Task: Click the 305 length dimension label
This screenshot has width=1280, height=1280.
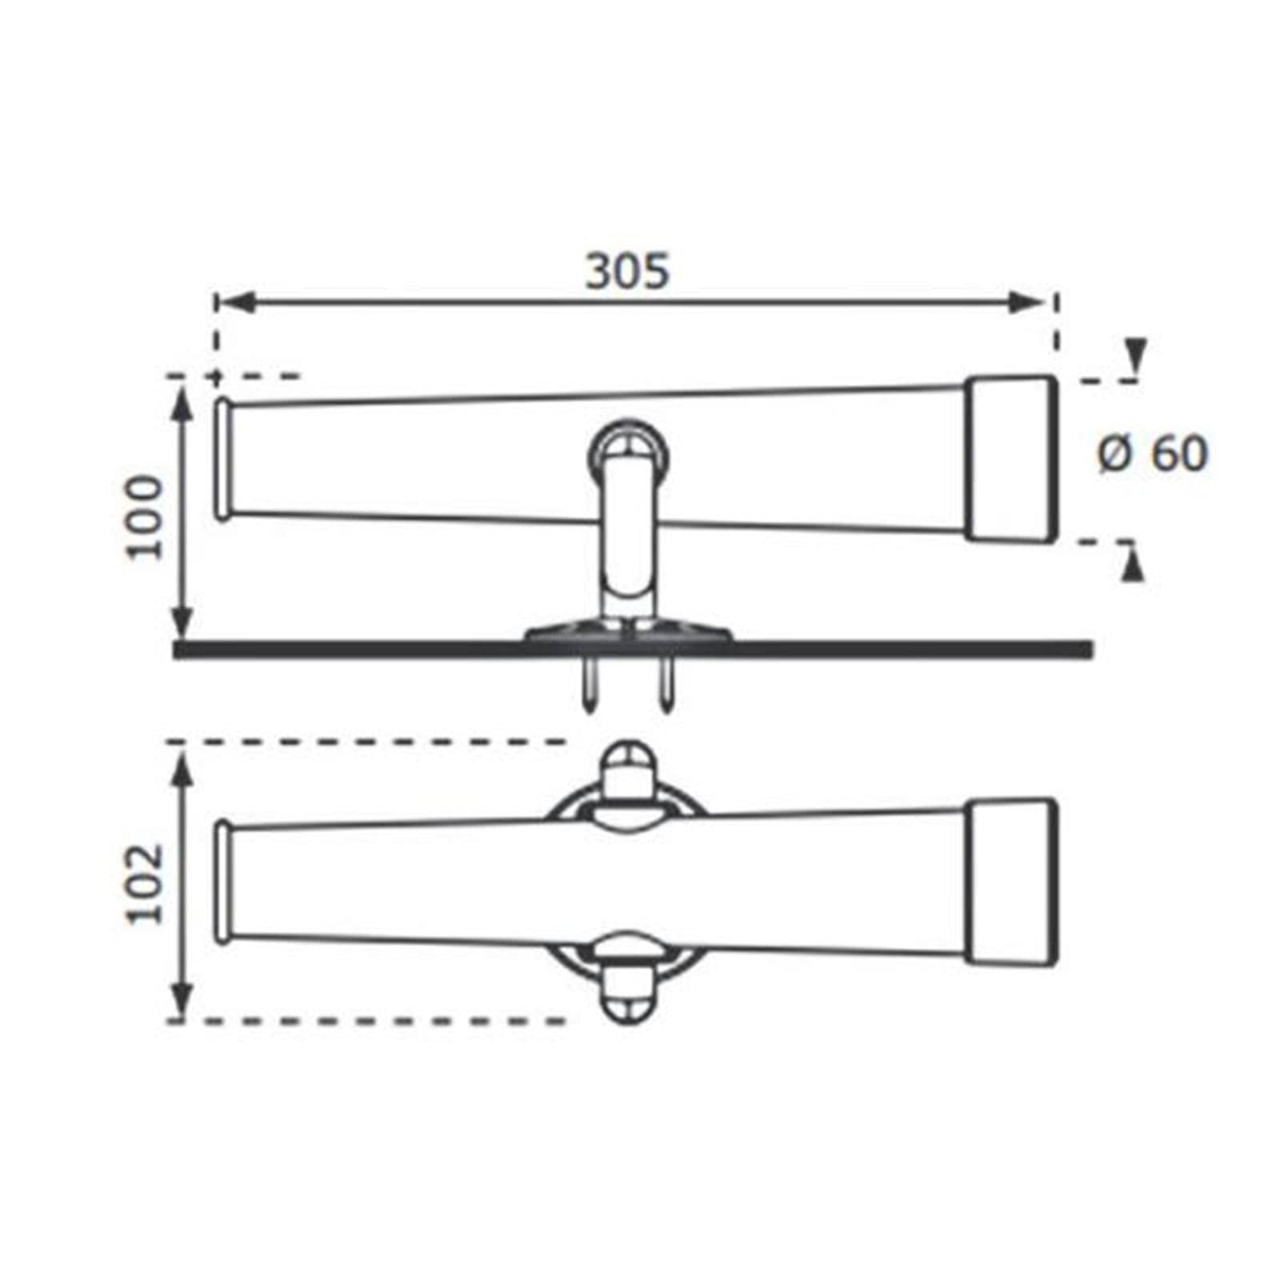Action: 627,271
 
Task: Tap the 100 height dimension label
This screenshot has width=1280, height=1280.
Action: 145,517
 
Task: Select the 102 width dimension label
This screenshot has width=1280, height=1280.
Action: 145,883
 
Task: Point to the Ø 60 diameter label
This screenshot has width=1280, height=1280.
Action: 1152,454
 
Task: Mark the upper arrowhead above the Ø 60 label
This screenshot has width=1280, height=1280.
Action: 1134,355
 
